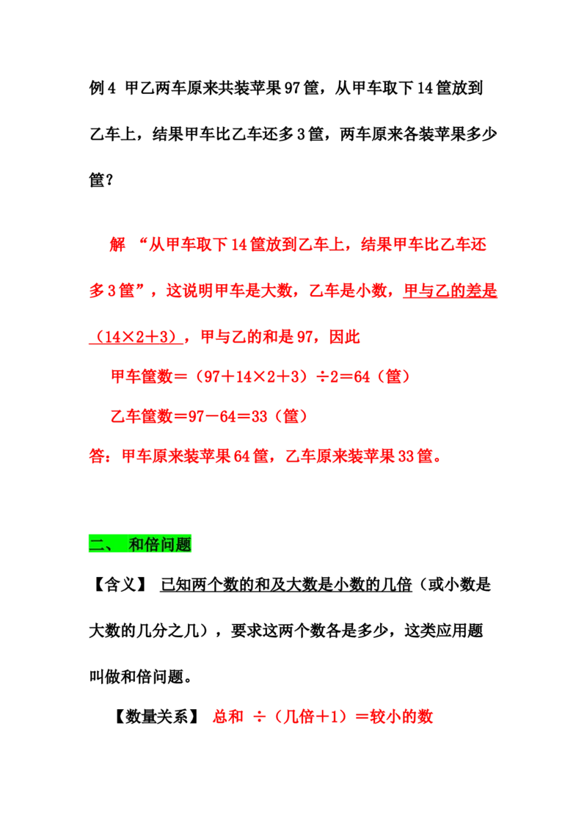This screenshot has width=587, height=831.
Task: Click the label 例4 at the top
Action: pyautogui.click(x=102, y=88)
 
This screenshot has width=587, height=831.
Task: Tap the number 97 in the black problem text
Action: pyautogui.click(x=292, y=88)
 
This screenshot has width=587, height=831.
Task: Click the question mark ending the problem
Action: pyautogui.click(x=109, y=180)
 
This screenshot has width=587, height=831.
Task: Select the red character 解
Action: pyautogui.click(x=117, y=244)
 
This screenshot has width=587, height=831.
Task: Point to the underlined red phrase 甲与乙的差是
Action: pyautogui.click(x=450, y=291)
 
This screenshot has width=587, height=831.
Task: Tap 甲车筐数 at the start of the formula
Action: pyautogui.click(x=142, y=377)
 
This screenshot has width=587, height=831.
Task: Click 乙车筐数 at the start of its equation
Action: pyautogui.click(x=142, y=416)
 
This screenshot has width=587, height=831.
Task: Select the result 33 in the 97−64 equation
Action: pyautogui.click(x=260, y=416)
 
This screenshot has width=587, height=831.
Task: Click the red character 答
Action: pyautogui.click(x=97, y=456)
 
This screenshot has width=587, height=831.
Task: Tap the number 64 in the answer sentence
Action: pyautogui.click(x=241, y=456)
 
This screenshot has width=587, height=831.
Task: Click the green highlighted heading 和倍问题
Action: pyautogui.click(x=160, y=544)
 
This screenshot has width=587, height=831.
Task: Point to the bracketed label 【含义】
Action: pyautogui.click(x=120, y=584)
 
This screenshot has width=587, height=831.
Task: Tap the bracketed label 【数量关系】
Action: pyautogui.click(x=157, y=716)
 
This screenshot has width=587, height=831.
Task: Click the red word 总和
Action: pyautogui.click(x=228, y=716)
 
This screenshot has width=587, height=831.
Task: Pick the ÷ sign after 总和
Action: pyautogui.click(x=259, y=717)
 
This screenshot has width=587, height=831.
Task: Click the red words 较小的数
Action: pyautogui.click(x=401, y=716)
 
